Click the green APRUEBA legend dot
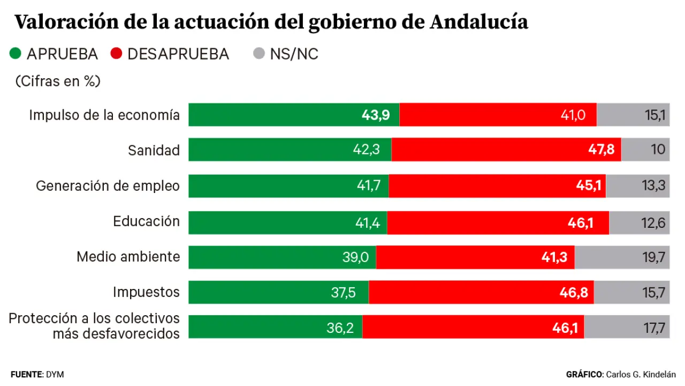[16, 54]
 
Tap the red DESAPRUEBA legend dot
[116, 54]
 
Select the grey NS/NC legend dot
[259, 54]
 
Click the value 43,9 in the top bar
[376, 115]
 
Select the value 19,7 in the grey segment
[654, 257]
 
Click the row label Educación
[146, 221]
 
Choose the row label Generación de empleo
[108, 185]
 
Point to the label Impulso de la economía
[104, 115]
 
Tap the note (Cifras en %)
[58, 81]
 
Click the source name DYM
[55, 374]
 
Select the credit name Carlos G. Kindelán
[641, 374]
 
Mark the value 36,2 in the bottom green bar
[340, 328]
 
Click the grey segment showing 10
[645, 150]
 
